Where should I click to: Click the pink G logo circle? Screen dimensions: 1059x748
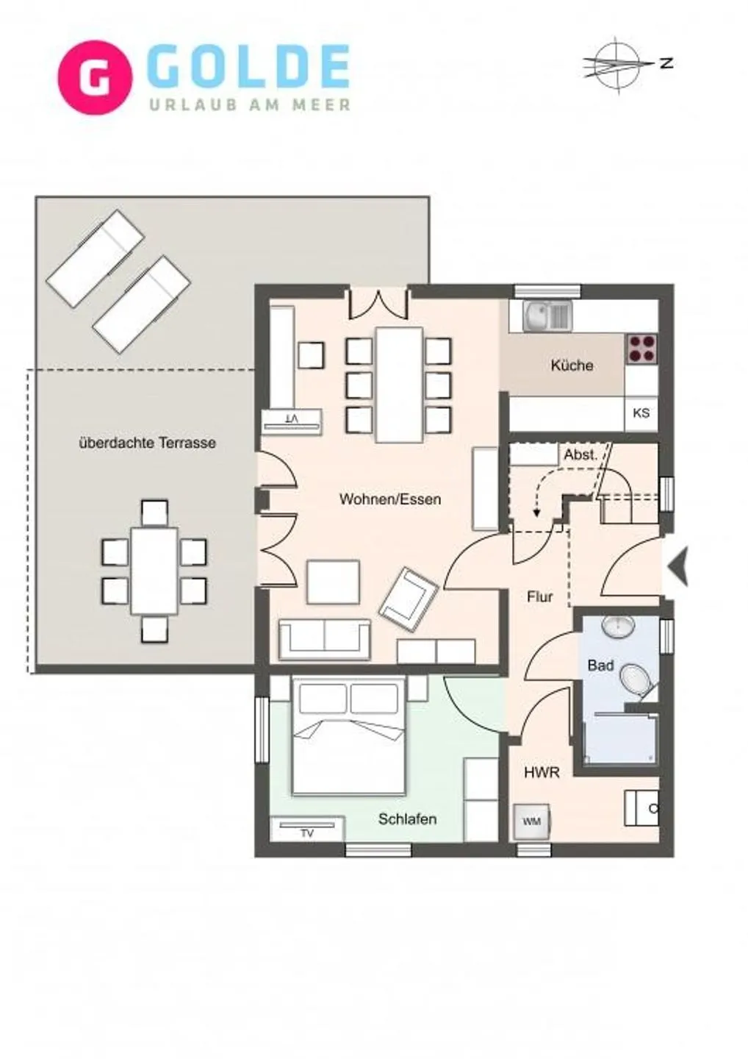[x=95, y=77]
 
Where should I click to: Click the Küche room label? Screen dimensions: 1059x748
[x=572, y=365]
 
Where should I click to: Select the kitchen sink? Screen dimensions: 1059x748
[x=547, y=315]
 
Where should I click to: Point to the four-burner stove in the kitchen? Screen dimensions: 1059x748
[x=641, y=349]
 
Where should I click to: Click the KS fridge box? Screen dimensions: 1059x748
[x=641, y=413]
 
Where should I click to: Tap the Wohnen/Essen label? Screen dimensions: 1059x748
[x=389, y=499]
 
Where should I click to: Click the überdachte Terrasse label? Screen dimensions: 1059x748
[x=147, y=443]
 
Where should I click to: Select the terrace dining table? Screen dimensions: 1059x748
[x=154, y=571]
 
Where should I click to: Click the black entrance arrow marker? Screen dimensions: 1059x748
[x=677, y=566]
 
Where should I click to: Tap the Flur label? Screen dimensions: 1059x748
[x=539, y=597]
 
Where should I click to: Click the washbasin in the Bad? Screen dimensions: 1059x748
[x=619, y=627]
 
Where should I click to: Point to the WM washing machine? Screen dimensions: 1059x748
[x=531, y=821]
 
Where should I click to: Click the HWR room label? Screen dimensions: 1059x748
[x=542, y=773]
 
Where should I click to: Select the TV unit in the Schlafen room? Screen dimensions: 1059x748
[x=307, y=829]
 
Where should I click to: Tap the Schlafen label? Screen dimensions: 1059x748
[x=407, y=819]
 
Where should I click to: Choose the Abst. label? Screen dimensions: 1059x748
[x=580, y=455]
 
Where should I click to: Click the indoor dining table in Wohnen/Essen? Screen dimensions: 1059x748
[x=399, y=385]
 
